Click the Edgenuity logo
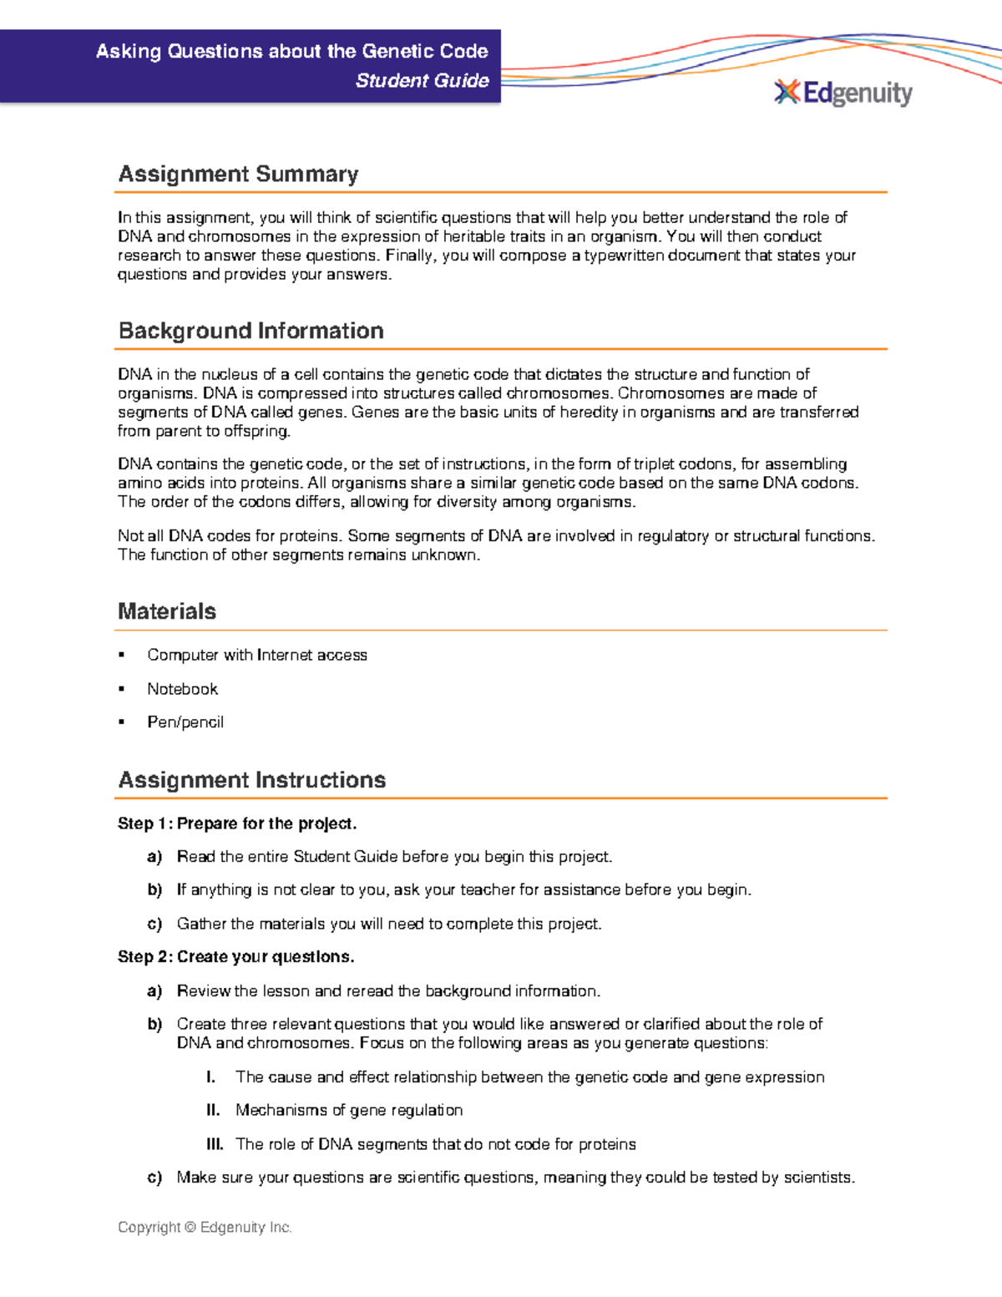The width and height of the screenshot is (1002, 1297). (x=843, y=93)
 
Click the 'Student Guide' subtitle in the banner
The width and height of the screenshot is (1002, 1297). (x=422, y=81)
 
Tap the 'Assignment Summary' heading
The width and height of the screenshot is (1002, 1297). (x=238, y=175)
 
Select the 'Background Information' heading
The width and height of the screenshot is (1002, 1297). (x=250, y=331)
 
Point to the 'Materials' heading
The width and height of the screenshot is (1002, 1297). (x=167, y=611)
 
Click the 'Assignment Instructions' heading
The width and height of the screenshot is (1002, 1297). (x=251, y=780)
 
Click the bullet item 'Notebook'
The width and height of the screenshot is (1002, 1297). (x=182, y=689)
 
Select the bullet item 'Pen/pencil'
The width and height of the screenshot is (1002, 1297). (x=185, y=722)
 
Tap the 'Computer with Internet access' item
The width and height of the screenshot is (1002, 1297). (x=257, y=656)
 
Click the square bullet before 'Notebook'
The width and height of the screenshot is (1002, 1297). (x=122, y=689)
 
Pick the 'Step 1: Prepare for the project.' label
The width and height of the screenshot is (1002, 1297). (x=237, y=823)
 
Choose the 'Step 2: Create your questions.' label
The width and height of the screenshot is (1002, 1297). (x=236, y=957)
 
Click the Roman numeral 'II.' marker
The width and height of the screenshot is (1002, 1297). (x=213, y=1111)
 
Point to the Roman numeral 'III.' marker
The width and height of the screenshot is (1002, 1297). (x=215, y=1144)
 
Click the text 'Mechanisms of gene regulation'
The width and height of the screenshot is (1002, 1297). (x=349, y=1111)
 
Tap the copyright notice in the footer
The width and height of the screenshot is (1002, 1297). (x=205, y=1228)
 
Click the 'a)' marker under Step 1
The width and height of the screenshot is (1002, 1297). (x=154, y=857)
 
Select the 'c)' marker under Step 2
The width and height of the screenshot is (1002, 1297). (x=154, y=1178)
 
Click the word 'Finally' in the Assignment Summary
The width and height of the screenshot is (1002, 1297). (x=408, y=256)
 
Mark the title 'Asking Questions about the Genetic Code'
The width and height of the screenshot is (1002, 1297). (x=291, y=52)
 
